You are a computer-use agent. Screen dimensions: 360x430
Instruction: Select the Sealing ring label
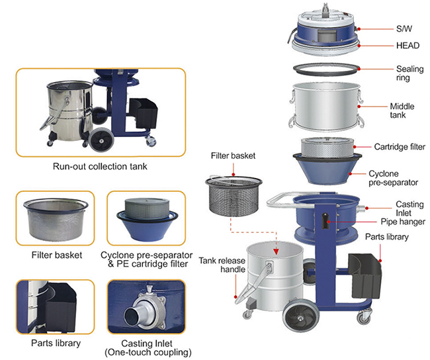pos(406,73)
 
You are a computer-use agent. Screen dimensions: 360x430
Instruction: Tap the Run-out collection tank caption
pos(100,166)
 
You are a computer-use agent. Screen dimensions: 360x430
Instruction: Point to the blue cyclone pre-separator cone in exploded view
pos(323,169)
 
